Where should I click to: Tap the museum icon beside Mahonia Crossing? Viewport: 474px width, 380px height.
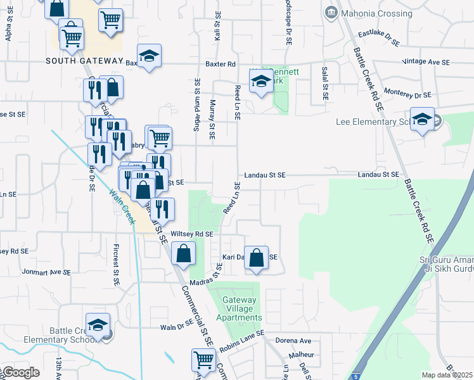(330, 13)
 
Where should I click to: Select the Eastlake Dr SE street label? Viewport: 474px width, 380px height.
(379, 38)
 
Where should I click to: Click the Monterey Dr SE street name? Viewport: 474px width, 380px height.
(407, 93)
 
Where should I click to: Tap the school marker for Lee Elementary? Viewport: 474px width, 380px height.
(421, 119)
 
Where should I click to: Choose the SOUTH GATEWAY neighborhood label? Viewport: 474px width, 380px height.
(84, 61)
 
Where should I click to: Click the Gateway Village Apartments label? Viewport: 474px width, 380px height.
(238, 309)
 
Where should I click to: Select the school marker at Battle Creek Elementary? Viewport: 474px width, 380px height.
(98, 325)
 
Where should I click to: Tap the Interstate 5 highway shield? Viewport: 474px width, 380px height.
(359, 374)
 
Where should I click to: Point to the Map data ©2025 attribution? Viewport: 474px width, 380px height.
(447, 375)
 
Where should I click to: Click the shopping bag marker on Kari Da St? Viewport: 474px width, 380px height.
(256, 258)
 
